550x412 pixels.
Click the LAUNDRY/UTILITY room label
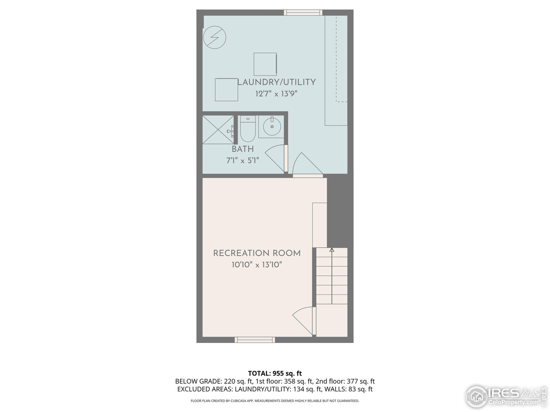click(277, 82)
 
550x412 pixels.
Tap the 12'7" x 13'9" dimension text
click(277, 93)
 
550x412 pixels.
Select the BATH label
click(243, 149)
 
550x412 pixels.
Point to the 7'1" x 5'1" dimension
click(243, 161)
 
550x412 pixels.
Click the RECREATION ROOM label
click(257, 253)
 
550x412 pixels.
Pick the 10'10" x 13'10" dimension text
click(257, 265)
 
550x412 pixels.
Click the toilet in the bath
click(247, 129)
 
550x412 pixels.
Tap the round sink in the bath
click(272, 127)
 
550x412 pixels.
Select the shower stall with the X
click(218, 130)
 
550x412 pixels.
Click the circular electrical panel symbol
click(214, 37)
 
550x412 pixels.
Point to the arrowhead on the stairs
click(332, 249)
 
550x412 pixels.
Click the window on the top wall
click(303, 12)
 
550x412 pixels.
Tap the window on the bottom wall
click(255, 339)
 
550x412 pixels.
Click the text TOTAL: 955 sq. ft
click(278, 373)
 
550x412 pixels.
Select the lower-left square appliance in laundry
click(226, 89)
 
